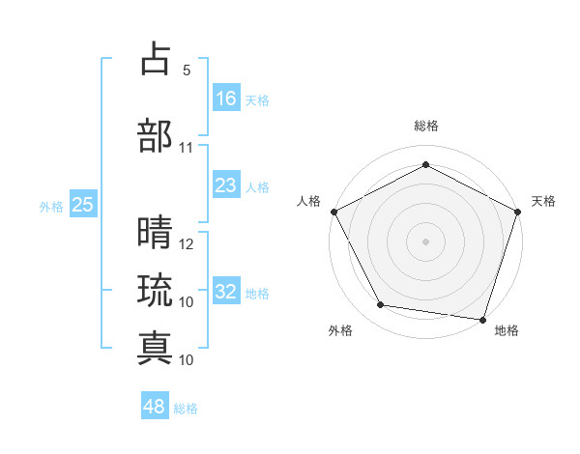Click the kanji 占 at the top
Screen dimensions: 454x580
tap(156, 61)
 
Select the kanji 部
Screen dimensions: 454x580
tap(156, 136)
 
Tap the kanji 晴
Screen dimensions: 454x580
tap(156, 233)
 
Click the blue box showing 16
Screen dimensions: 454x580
tap(226, 98)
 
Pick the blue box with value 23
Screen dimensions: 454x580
tap(226, 185)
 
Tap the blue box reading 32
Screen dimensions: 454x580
tap(226, 292)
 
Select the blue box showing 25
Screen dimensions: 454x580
tap(82, 204)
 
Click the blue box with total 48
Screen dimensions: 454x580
tap(155, 407)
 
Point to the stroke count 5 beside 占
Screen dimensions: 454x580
tap(187, 71)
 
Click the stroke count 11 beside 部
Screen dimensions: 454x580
tap(187, 148)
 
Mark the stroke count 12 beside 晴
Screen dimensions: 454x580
tap(187, 244)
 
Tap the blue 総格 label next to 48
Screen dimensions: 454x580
tap(186, 409)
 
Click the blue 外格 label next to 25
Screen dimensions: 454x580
tap(50, 206)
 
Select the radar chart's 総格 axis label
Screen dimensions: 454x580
tap(425, 126)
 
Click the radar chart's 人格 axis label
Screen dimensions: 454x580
tap(309, 201)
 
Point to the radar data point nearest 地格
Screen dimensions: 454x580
tap(482, 319)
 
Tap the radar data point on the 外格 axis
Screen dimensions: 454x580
tap(381, 305)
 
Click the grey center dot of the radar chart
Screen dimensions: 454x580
tap(425, 241)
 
